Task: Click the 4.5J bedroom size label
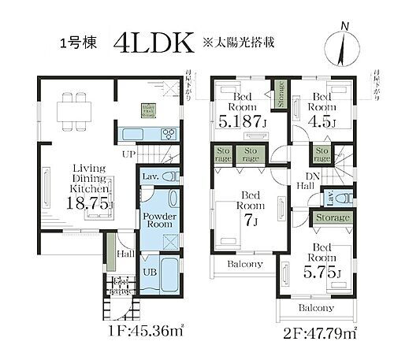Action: [322, 121]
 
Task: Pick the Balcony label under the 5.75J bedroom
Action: [316, 308]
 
